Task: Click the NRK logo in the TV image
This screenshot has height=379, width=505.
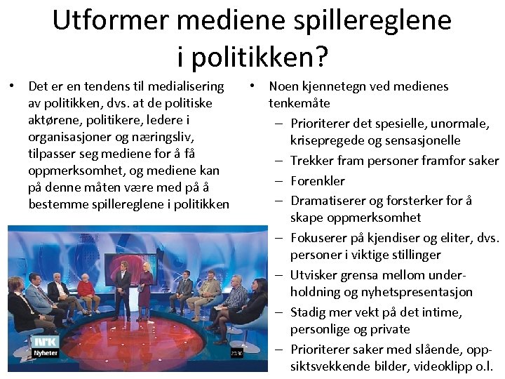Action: click(x=46, y=342)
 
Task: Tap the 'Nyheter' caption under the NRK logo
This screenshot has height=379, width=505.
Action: click(x=46, y=352)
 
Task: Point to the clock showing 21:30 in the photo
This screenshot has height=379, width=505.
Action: click(x=237, y=353)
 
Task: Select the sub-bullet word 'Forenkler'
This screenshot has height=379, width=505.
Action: click(x=317, y=180)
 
